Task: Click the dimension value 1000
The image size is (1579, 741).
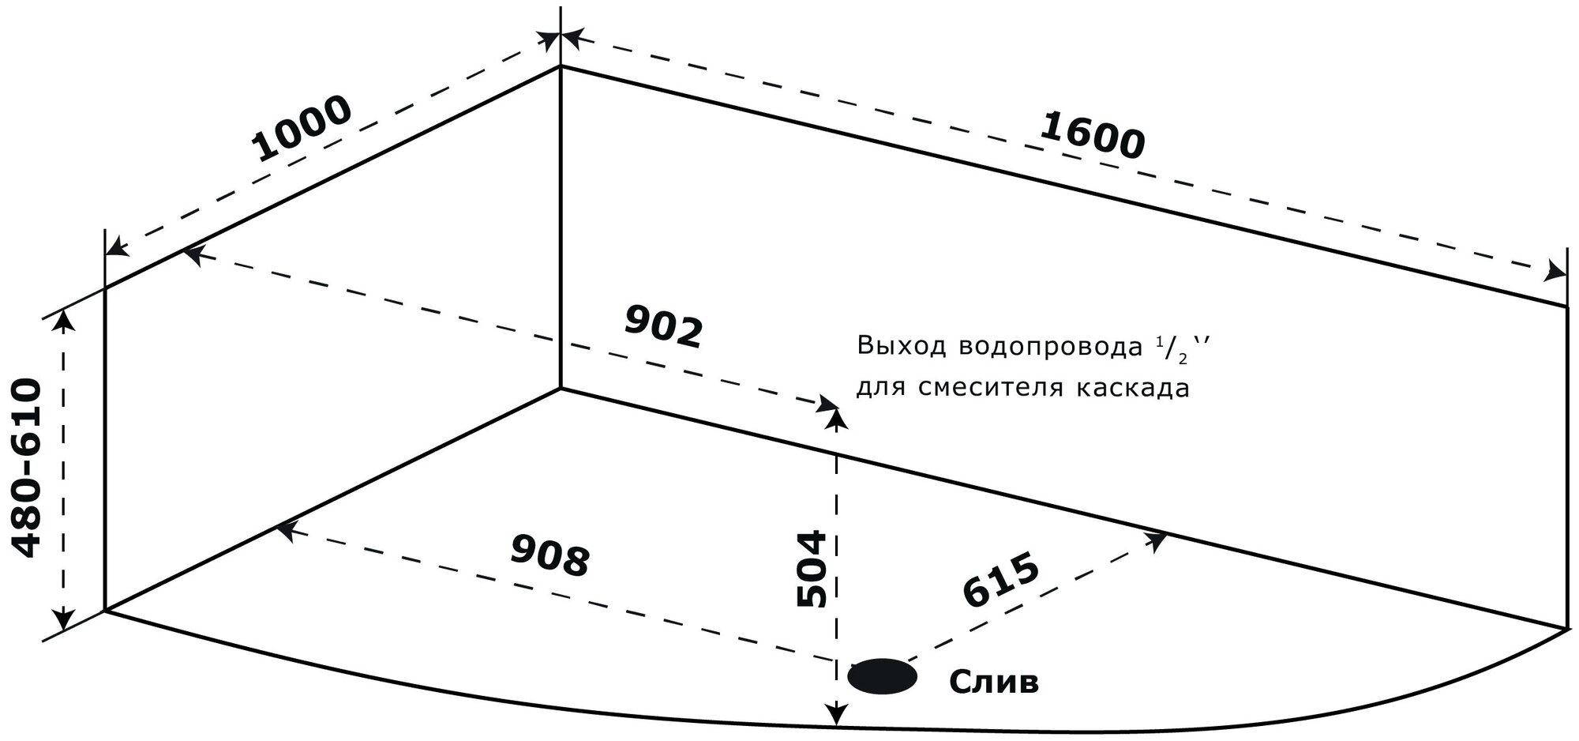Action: [302, 129]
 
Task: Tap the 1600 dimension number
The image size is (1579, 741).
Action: [1091, 136]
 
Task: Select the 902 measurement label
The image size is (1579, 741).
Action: [663, 325]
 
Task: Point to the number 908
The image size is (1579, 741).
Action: [550, 555]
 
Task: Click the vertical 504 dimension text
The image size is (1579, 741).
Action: [812, 569]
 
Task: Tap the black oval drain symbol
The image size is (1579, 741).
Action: [882, 677]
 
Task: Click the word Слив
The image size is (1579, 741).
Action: [993, 681]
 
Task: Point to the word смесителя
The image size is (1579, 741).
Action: [986, 389]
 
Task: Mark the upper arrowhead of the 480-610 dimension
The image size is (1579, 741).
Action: [63, 320]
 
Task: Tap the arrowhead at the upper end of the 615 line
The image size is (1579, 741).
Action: [1157, 540]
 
